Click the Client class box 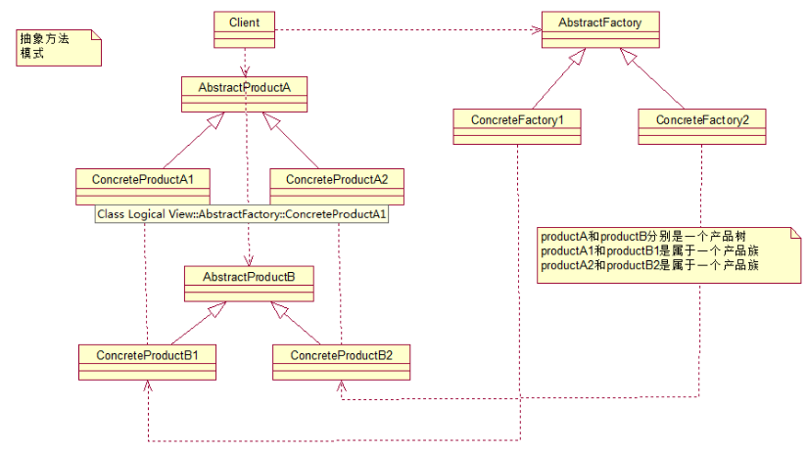tap(245, 28)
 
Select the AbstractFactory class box tap(599, 29)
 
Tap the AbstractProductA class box tap(246, 95)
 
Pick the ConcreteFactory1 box tap(518, 127)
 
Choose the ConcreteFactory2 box tap(701, 127)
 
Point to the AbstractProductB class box tap(249, 285)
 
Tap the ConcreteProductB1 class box tap(147, 360)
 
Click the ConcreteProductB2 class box tap(341, 360)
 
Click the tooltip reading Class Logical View tap(242, 214)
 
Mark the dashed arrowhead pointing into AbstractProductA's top tap(246, 72)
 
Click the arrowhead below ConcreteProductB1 tap(146, 386)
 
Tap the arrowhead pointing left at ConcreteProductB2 tap(342, 397)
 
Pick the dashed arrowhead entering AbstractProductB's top tap(249, 262)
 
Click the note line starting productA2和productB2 tap(649, 265)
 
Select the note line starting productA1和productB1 tap(649, 251)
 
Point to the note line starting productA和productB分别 tap(649, 237)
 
